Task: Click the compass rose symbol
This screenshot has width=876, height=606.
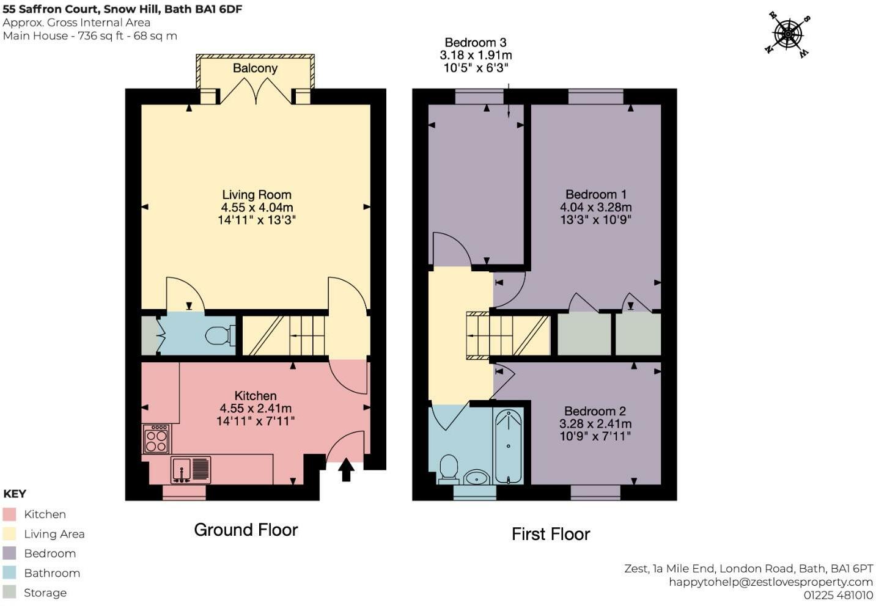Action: click(788, 34)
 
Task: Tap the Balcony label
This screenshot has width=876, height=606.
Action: click(255, 68)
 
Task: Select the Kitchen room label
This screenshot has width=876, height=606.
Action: click(256, 396)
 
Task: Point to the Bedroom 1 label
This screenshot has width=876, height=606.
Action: click(595, 195)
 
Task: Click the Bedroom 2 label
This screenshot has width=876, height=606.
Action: click(595, 411)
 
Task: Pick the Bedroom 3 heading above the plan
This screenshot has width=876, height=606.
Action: click(475, 43)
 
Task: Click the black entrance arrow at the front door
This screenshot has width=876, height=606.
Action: click(346, 470)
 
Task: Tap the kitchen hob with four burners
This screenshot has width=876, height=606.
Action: click(156, 439)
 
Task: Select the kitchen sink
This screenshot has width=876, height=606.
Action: click(191, 470)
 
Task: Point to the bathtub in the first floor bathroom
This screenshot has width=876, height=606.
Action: click(508, 447)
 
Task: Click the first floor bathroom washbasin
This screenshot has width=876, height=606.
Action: click(476, 476)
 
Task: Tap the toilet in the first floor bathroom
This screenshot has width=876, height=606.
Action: click(449, 468)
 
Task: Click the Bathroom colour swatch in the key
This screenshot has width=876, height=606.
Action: click(9, 573)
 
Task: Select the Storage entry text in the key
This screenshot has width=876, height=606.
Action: click(45, 593)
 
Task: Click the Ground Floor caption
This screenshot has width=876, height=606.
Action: click(246, 530)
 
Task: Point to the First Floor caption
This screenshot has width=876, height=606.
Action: click(550, 534)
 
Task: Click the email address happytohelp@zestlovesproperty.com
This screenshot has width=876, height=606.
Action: click(770, 582)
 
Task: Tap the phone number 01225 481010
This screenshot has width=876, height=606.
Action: click(837, 595)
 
